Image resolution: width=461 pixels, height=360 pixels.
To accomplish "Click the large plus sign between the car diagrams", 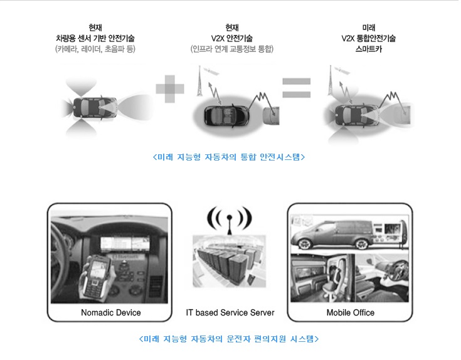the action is (170, 89).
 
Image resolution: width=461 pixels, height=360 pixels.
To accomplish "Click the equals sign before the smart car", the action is (296, 88).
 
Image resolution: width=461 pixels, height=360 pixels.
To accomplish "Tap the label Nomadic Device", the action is (111, 313).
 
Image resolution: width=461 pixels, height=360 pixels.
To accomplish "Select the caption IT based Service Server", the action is (230, 313).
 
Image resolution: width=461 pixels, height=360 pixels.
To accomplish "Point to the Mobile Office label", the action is (351, 313).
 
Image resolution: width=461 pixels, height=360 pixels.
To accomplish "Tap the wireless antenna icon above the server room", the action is (230, 220).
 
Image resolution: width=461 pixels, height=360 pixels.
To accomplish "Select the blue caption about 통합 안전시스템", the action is (229, 157).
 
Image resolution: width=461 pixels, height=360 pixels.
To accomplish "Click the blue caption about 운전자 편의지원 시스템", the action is (229, 339).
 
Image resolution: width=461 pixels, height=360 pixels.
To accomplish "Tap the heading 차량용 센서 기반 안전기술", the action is (95, 38).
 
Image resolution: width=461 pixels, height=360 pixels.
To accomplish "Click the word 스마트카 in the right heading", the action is (369, 49).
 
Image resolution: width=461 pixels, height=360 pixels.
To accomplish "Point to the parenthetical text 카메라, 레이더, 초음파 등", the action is (95, 49).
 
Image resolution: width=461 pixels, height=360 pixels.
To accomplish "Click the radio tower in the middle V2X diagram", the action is (200, 81).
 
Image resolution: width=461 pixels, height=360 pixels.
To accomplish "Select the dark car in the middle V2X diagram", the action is (226, 115).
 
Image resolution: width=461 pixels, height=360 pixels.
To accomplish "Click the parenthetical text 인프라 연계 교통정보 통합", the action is (232, 49).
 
